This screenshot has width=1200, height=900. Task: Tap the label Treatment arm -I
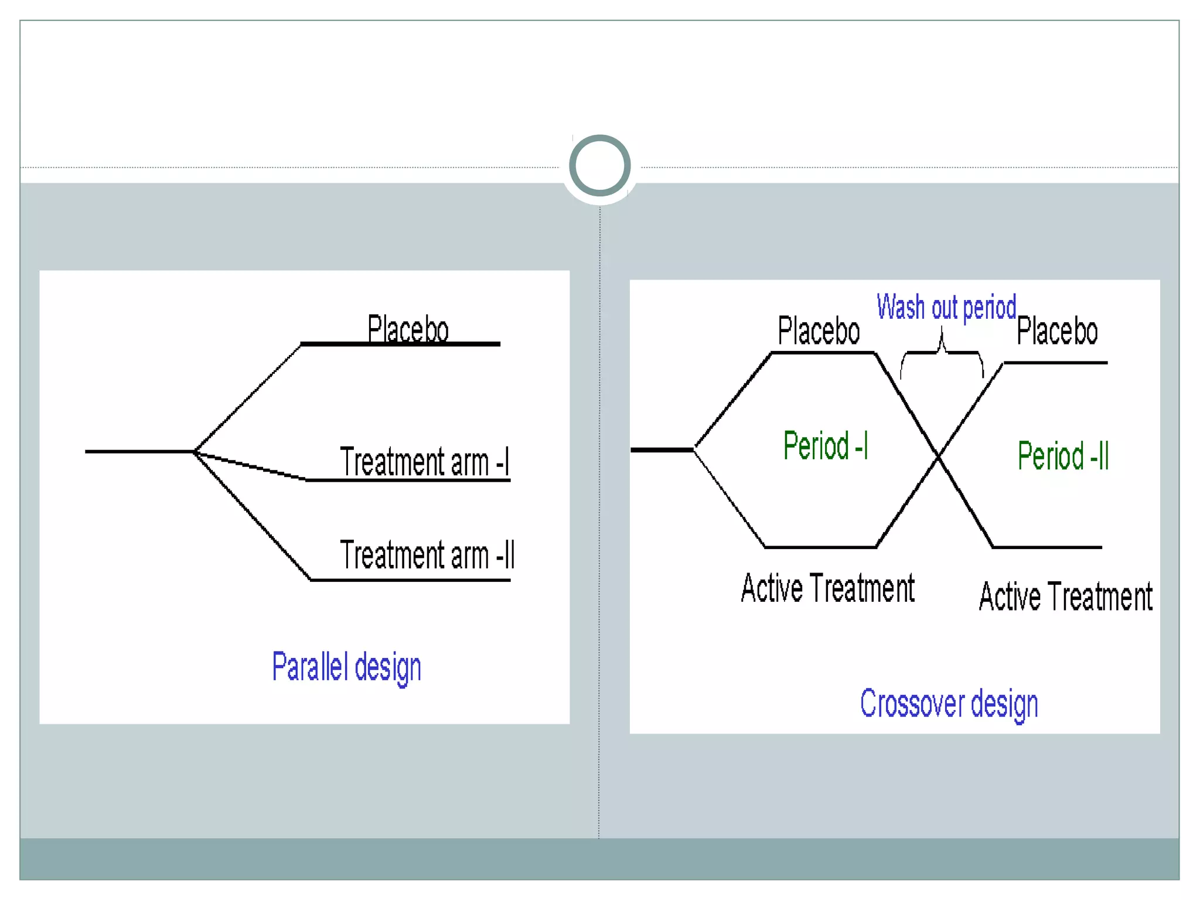(425, 462)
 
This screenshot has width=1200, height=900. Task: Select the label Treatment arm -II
(427, 555)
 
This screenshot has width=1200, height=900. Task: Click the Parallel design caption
(346, 667)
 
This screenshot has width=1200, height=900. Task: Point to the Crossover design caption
(949, 704)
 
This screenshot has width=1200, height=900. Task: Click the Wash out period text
(946, 308)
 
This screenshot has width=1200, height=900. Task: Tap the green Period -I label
(825, 445)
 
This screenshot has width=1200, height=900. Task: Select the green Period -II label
(1063, 456)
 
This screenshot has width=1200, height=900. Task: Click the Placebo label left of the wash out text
(819, 331)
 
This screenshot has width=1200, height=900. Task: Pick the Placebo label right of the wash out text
(1057, 331)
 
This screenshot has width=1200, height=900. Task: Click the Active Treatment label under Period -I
(827, 588)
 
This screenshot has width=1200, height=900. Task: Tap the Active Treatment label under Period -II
(1066, 597)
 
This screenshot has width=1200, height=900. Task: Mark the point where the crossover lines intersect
(938, 456)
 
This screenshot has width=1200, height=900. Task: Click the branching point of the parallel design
(195, 451)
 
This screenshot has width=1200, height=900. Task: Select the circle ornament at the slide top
(599, 165)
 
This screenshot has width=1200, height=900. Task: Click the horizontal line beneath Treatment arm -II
(410, 580)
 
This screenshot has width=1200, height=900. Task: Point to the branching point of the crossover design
(694, 449)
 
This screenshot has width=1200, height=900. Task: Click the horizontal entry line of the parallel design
(139, 451)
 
